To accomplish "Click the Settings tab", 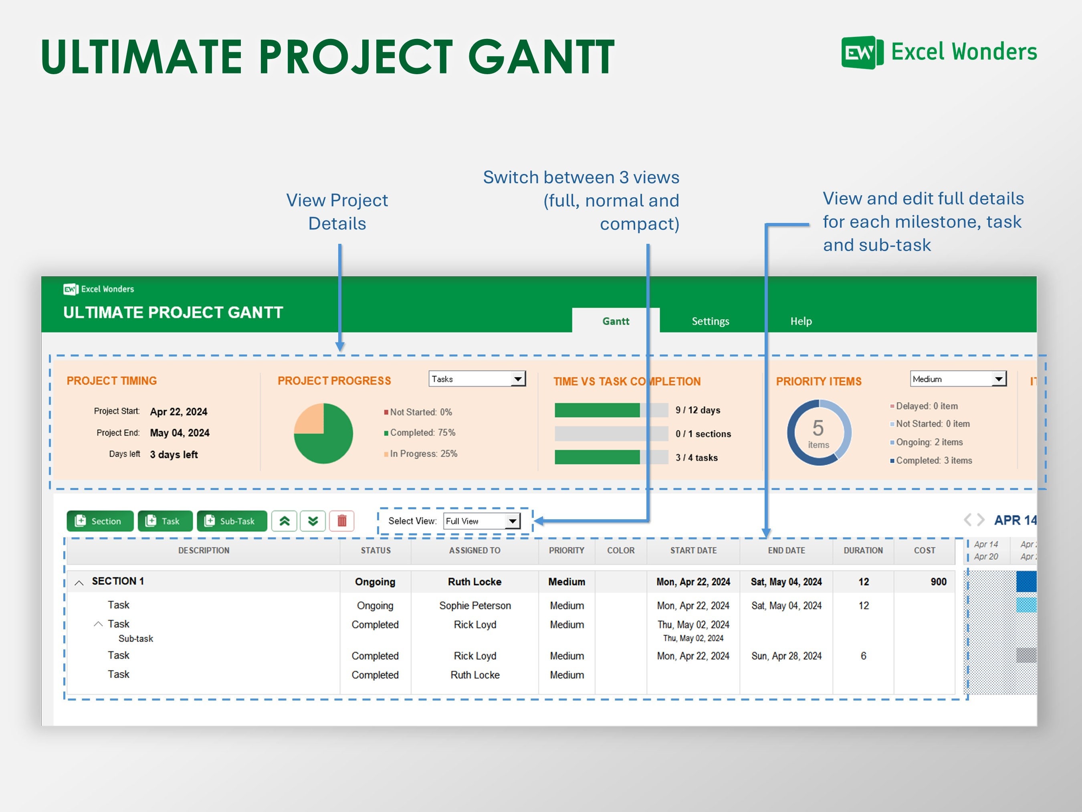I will [x=710, y=321].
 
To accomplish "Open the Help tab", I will [x=801, y=321].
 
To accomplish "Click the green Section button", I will [x=100, y=521].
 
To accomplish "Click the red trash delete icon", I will [x=342, y=521].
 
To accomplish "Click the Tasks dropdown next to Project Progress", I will [x=477, y=379].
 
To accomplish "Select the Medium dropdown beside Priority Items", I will [x=958, y=379].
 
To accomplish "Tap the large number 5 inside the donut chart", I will [x=818, y=428].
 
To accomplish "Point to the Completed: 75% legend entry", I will [x=422, y=433].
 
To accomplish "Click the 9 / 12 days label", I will [x=698, y=410].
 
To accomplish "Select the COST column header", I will [x=924, y=550].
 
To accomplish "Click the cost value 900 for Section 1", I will [x=938, y=581].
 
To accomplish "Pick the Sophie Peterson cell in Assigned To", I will [x=474, y=605].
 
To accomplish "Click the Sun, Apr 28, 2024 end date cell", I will [x=786, y=656].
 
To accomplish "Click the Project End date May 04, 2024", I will [x=180, y=433].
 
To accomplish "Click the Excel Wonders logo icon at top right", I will [x=862, y=52].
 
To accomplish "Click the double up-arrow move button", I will [x=284, y=521].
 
